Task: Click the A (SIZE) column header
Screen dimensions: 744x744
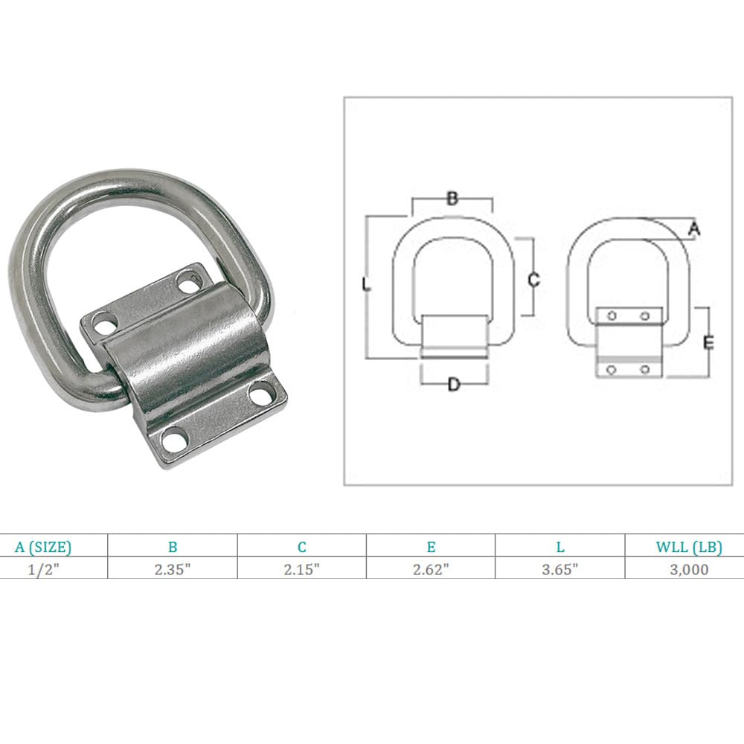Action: click(43, 547)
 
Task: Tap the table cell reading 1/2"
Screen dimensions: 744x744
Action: click(43, 569)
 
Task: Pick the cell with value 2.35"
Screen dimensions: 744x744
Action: click(173, 569)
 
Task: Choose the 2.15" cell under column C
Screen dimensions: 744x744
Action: click(302, 569)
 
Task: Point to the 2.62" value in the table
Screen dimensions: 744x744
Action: click(431, 569)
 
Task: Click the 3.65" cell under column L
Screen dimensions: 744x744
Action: click(560, 569)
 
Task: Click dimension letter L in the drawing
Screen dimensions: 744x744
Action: click(365, 284)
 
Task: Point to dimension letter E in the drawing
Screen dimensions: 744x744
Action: click(708, 342)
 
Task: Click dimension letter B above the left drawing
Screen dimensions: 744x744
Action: click(452, 198)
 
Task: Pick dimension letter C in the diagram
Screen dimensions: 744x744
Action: click(533, 280)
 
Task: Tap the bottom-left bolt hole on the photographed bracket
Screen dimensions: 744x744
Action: click(173, 440)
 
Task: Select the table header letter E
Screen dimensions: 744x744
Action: click(431, 547)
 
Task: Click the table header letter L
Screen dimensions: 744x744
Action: click(560, 547)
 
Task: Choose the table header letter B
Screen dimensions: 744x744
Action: click(173, 547)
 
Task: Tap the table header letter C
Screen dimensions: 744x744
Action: click(302, 547)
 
